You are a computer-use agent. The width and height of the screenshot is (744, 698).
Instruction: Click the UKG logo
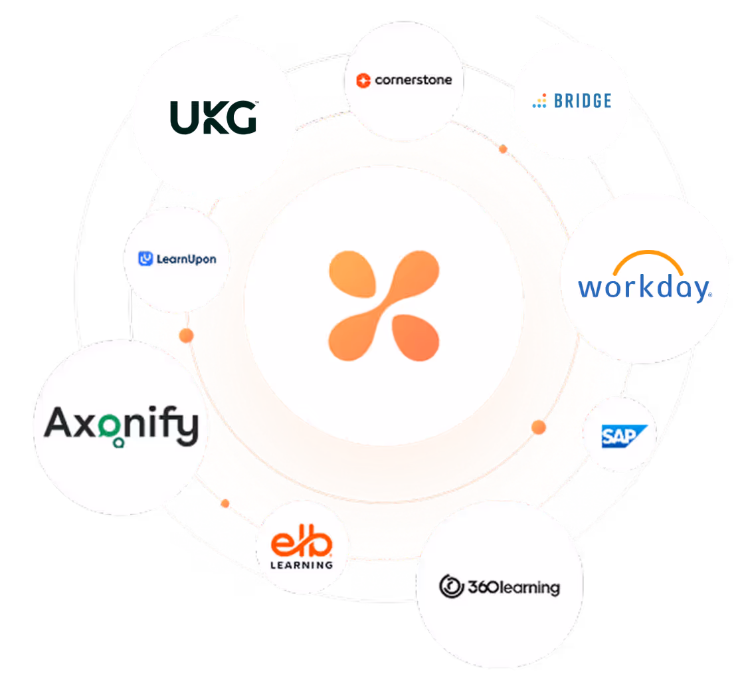tap(213, 117)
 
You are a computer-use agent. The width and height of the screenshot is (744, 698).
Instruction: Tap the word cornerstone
tap(413, 80)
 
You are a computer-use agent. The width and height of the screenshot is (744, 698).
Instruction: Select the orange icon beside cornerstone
tap(363, 80)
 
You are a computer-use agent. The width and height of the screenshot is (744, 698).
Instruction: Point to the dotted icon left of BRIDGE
tap(539, 101)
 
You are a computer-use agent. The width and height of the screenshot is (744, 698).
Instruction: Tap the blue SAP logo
tap(618, 436)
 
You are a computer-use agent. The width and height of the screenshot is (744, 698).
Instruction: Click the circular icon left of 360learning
tap(451, 586)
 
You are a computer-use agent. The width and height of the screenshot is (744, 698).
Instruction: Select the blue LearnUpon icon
tap(145, 259)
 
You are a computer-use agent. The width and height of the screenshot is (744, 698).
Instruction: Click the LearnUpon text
tap(186, 259)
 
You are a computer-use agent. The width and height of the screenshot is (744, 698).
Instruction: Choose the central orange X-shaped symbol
tap(384, 305)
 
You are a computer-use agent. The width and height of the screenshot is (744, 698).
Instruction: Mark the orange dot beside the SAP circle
tap(538, 427)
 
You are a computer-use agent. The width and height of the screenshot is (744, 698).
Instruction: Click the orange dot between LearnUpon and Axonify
tap(187, 335)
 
